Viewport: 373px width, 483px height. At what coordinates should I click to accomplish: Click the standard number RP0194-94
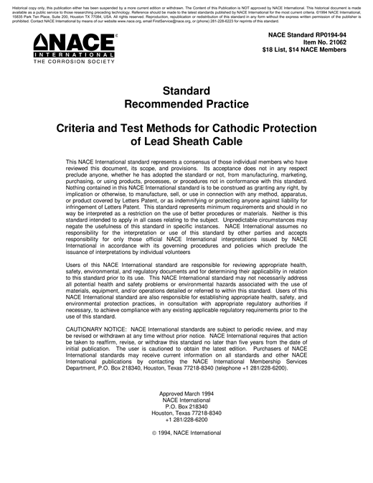coord(326,34)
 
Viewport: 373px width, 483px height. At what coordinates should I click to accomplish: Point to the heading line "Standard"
coord(186,91)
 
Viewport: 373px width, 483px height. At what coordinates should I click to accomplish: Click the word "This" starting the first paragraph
coord(72,163)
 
